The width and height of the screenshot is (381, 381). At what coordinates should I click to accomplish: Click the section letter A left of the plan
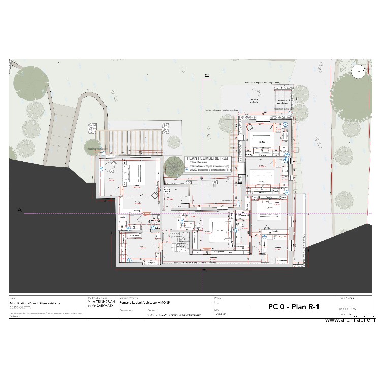point(21,209)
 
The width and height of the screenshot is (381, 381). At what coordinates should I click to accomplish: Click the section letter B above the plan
point(207,75)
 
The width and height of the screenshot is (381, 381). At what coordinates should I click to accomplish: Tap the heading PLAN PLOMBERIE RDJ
point(208,158)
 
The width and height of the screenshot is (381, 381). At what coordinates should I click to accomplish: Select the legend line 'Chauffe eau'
point(199,163)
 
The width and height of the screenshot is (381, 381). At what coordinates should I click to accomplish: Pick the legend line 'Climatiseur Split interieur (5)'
point(209,166)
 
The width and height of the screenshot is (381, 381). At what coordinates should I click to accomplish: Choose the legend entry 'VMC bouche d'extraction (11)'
point(210,170)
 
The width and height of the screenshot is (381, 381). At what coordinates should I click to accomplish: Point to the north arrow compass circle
point(359,72)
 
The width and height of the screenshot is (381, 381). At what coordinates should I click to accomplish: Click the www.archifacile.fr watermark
point(351,320)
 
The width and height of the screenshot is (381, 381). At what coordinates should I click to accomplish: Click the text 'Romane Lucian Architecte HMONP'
point(142,302)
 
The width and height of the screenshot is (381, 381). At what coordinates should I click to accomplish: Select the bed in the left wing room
point(135,173)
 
